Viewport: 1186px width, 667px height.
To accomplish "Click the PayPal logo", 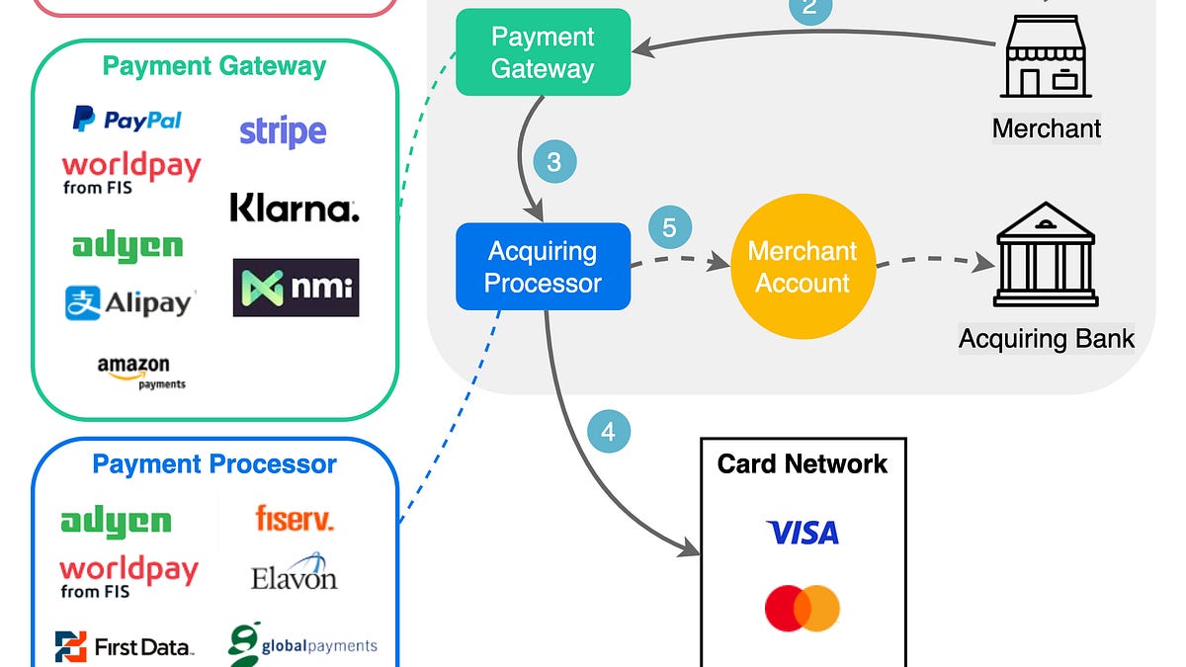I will click(x=127, y=120).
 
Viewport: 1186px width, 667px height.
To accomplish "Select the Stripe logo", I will click(x=283, y=131).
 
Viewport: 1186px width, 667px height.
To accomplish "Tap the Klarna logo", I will click(x=294, y=208).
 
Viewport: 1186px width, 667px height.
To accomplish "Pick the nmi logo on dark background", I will click(x=296, y=288).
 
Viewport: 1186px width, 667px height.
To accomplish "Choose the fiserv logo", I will click(x=294, y=518).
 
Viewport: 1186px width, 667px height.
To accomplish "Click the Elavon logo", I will click(x=295, y=574).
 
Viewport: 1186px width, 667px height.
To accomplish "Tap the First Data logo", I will click(x=125, y=647).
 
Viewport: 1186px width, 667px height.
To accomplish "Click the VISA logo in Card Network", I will click(x=803, y=534).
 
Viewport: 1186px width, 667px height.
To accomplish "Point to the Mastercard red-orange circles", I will click(x=803, y=608).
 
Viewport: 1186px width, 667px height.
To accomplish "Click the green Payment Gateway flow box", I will click(x=543, y=52).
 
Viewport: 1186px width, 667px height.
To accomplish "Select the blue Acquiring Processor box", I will click(x=543, y=267).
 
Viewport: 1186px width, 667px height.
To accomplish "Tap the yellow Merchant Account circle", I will click(x=803, y=267).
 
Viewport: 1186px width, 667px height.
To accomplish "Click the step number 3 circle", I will click(x=553, y=162).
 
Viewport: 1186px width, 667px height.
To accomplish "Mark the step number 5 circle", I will click(x=669, y=228).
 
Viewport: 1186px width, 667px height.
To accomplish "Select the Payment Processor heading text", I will click(x=214, y=463).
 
